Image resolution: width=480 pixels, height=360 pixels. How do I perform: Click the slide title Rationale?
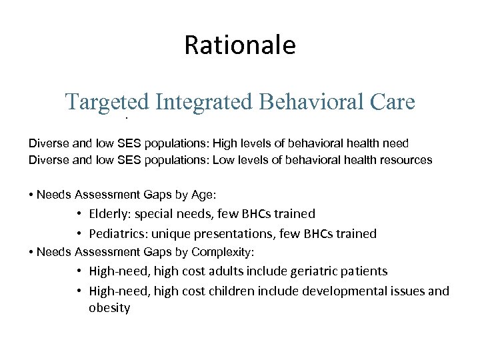point(239,46)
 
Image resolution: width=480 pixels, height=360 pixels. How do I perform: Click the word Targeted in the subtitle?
point(107,102)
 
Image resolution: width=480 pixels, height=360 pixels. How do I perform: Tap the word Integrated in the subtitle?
point(203,102)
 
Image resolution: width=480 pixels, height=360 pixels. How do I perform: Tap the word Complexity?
point(223,253)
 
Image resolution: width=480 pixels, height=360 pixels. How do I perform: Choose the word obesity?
point(109,309)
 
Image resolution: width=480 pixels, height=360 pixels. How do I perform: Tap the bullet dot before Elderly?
point(79,214)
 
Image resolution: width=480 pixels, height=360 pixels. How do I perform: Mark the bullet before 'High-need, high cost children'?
point(79,291)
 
